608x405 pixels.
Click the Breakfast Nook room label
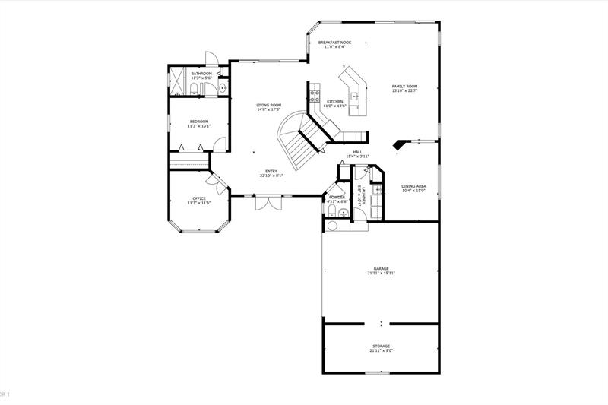pos(334,43)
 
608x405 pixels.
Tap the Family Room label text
pos(404,87)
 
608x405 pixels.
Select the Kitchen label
pos(334,101)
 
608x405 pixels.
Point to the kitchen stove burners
pos(314,96)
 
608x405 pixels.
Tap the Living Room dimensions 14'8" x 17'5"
pos(268,110)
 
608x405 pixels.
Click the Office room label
pos(198,198)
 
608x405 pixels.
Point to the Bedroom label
pos(198,122)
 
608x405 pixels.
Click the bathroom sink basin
pos(223,89)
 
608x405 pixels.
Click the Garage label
pos(381,268)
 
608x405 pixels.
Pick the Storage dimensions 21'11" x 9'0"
pos(381,351)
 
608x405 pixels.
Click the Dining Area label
pos(413,186)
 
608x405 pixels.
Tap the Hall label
pos(357,152)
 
